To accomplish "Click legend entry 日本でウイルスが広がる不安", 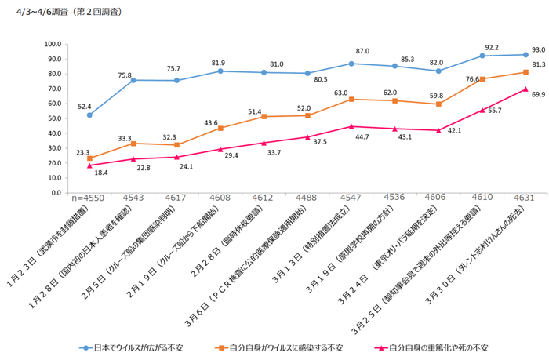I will [x=136, y=346].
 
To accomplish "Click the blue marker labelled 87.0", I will [x=351, y=64].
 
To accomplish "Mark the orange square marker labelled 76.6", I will [x=482, y=79].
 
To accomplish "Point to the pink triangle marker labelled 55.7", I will [x=482, y=110].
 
